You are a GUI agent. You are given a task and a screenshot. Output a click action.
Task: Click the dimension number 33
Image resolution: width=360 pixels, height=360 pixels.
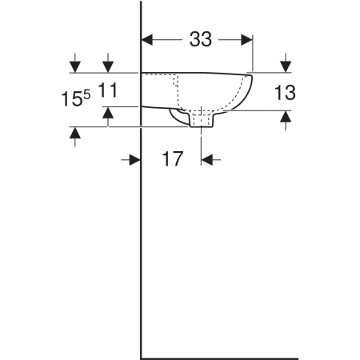click(x=201, y=39)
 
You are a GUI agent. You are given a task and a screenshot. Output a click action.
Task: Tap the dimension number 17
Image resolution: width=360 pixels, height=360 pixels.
click(x=173, y=159)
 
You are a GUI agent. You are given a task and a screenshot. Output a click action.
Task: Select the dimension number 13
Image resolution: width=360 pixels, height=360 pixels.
click(x=285, y=93)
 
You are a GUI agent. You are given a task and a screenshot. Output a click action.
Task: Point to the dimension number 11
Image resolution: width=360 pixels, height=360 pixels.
click(x=108, y=90)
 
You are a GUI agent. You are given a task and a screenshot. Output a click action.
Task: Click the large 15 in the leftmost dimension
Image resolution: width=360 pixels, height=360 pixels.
click(x=71, y=99)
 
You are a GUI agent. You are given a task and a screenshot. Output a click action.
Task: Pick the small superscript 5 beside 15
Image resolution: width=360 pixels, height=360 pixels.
click(x=87, y=94)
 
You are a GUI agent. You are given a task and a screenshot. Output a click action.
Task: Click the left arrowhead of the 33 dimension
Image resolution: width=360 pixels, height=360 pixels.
click(x=146, y=40)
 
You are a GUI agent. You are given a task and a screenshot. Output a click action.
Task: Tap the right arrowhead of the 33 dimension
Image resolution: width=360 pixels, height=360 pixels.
click(x=246, y=40)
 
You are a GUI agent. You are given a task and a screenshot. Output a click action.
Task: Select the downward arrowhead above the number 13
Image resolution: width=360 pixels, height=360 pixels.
click(x=286, y=66)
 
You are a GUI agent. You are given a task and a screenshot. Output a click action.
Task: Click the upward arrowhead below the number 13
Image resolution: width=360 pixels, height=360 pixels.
click(x=286, y=116)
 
